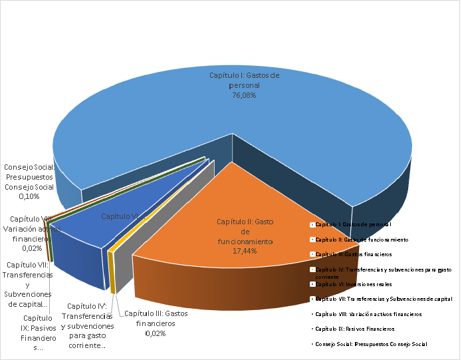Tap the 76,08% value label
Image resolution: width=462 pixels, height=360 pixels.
click(244, 96)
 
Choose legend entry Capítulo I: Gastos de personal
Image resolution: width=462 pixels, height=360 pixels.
click(352, 225)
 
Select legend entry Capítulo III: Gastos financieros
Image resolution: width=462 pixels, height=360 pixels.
click(353, 254)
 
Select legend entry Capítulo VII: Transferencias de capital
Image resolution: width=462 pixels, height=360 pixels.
click(383, 299)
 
